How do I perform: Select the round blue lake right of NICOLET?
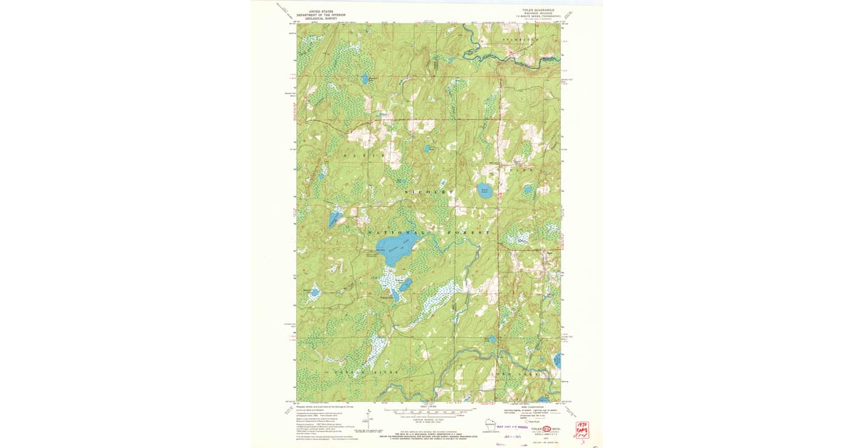[x=485, y=191]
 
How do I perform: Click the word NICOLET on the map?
[x=428, y=193]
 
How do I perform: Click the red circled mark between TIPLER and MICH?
[x=547, y=430]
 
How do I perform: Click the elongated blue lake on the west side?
[x=334, y=219]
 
